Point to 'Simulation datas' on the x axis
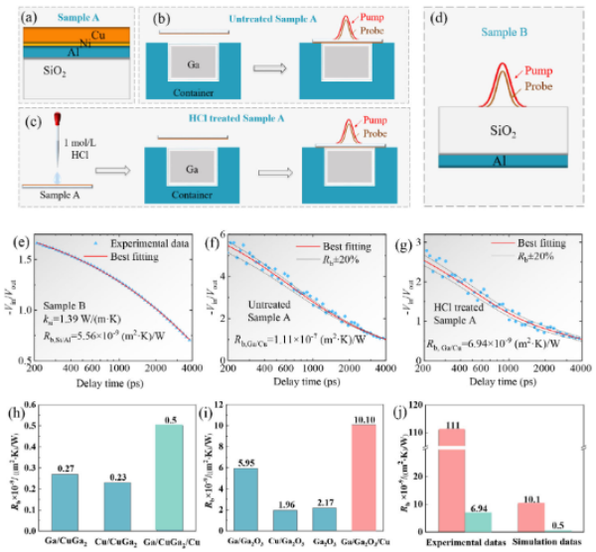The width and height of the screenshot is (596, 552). (x=551, y=542)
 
